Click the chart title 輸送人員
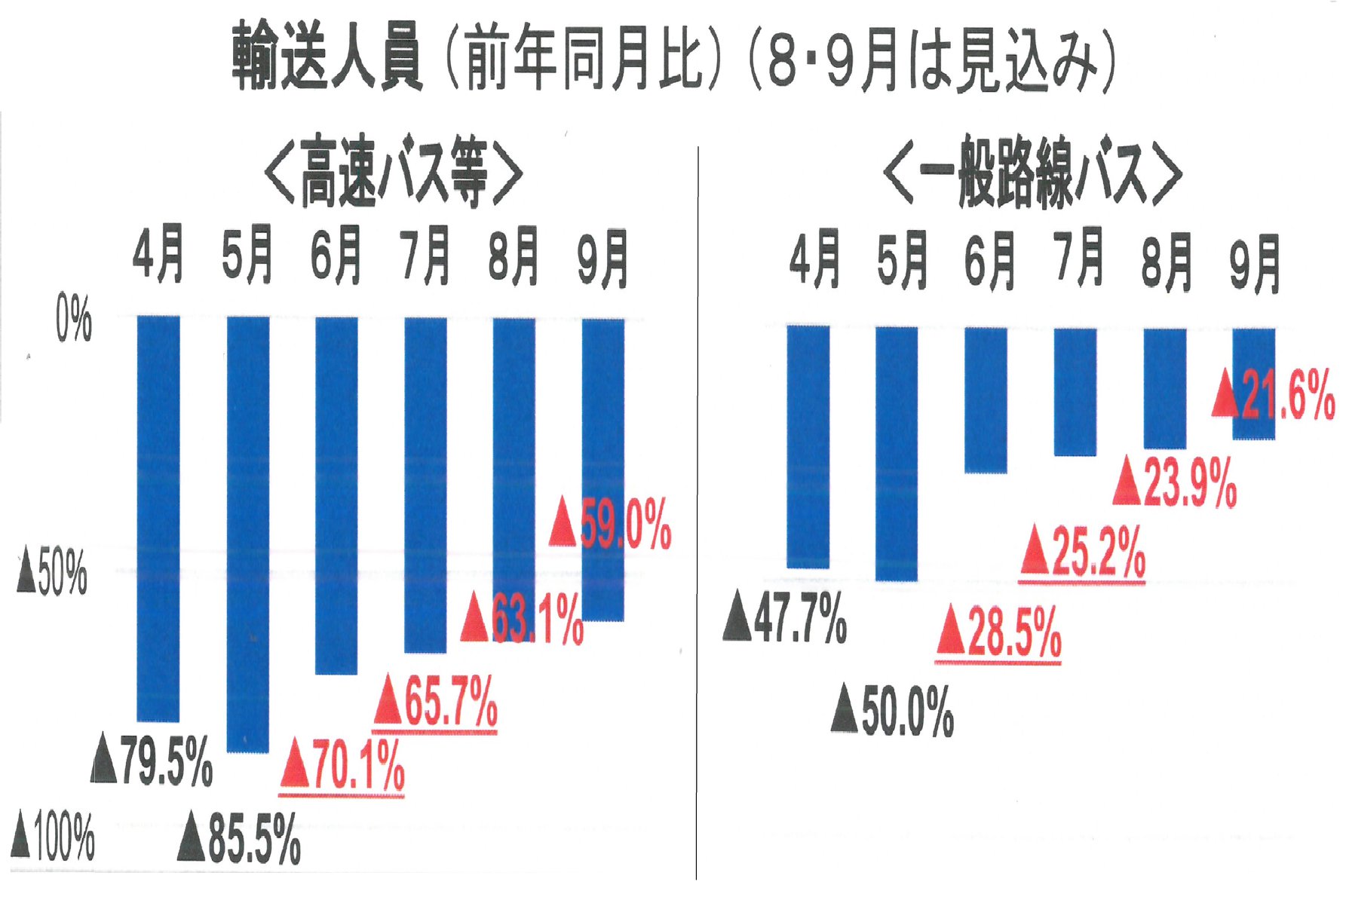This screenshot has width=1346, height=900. pyautogui.click(x=326, y=57)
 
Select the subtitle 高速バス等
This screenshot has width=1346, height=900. pyautogui.click(x=394, y=172)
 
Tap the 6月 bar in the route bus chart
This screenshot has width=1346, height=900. pyautogui.click(x=986, y=399)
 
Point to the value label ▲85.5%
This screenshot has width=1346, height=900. pyautogui.click(x=239, y=837)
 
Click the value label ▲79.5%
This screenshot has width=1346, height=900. pyautogui.click(x=152, y=762)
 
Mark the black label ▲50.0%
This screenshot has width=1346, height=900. pyautogui.click(x=892, y=710)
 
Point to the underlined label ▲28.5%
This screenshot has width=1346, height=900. pyautogui.click(x=998, y=632)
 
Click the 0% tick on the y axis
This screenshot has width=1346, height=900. pyautogui.click(x=74, y=319)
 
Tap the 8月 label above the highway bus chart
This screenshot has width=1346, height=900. pyautogui.click(x=514, y=256)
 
